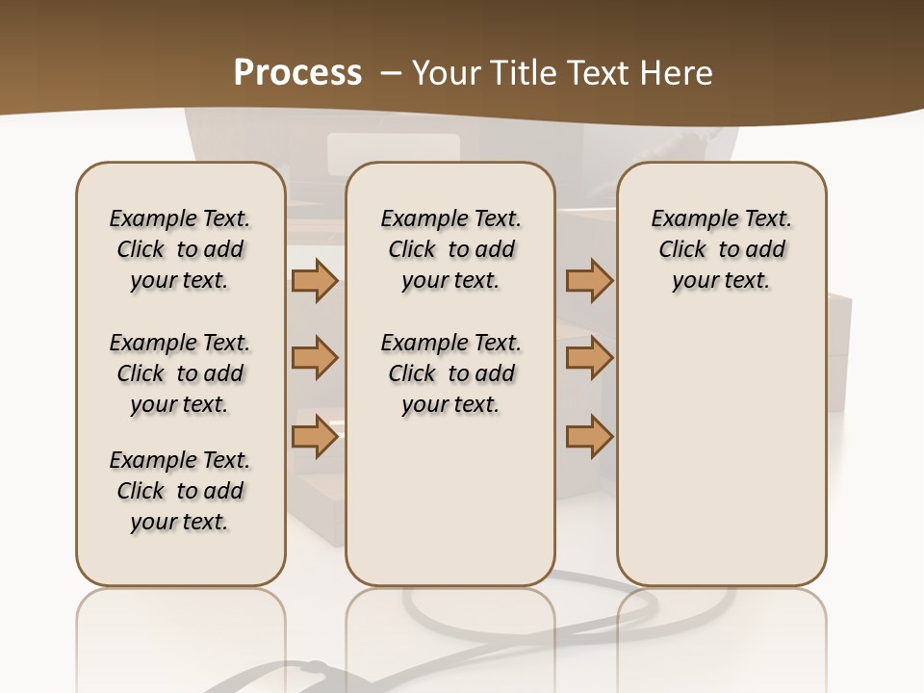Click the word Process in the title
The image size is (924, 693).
pyautogui.click(x=297, y=73)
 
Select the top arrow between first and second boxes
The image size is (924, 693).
pyautogui.click(x=314, y=281)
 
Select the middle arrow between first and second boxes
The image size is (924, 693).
pyautogui.click(x=314, y=359)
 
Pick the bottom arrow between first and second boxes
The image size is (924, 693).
pyautogui.click(x=314, y=437)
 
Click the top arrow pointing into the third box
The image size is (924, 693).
pyautogui.click(x=589, y=281)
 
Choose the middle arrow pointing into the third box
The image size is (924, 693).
pyautogui.click(x=589, y=359)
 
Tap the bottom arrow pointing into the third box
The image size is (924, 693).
pyautogui.click(x=589, y=437)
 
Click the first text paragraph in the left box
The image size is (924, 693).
pyautogui.click(x=180, y=249)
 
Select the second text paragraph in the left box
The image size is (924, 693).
pyautogui.click(x=180, y=373)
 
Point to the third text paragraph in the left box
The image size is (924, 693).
pyautogui.click(x=180, y=491)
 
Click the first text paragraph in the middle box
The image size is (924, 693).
pyautogui.click(x=451, y=249)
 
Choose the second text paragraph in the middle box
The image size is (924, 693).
pyautogui.click(x=451, y=373)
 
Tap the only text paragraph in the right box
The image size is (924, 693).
pyautogui.click(x=722, y=249)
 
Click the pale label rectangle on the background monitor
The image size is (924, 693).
pyautogui.click(x=393, y=154)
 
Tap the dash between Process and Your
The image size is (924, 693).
pyautogui.click(x=391, y=73)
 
